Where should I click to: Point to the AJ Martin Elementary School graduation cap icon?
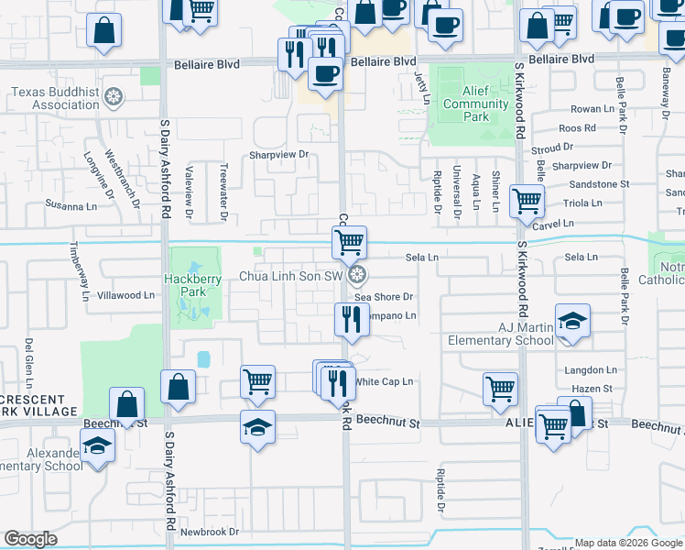[572, 322]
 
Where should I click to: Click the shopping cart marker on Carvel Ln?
[527, 200]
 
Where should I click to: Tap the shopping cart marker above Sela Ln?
[349, 243]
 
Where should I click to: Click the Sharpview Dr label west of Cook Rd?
[279, 155]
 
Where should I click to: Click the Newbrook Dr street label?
[209, 532]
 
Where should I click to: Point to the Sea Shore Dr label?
[385, 297]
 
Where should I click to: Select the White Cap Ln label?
[385, 381]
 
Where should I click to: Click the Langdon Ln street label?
[592, 369]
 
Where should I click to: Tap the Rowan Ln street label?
[592, 109]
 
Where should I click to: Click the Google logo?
[31, 539]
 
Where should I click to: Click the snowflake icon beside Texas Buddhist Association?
[114, 96]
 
